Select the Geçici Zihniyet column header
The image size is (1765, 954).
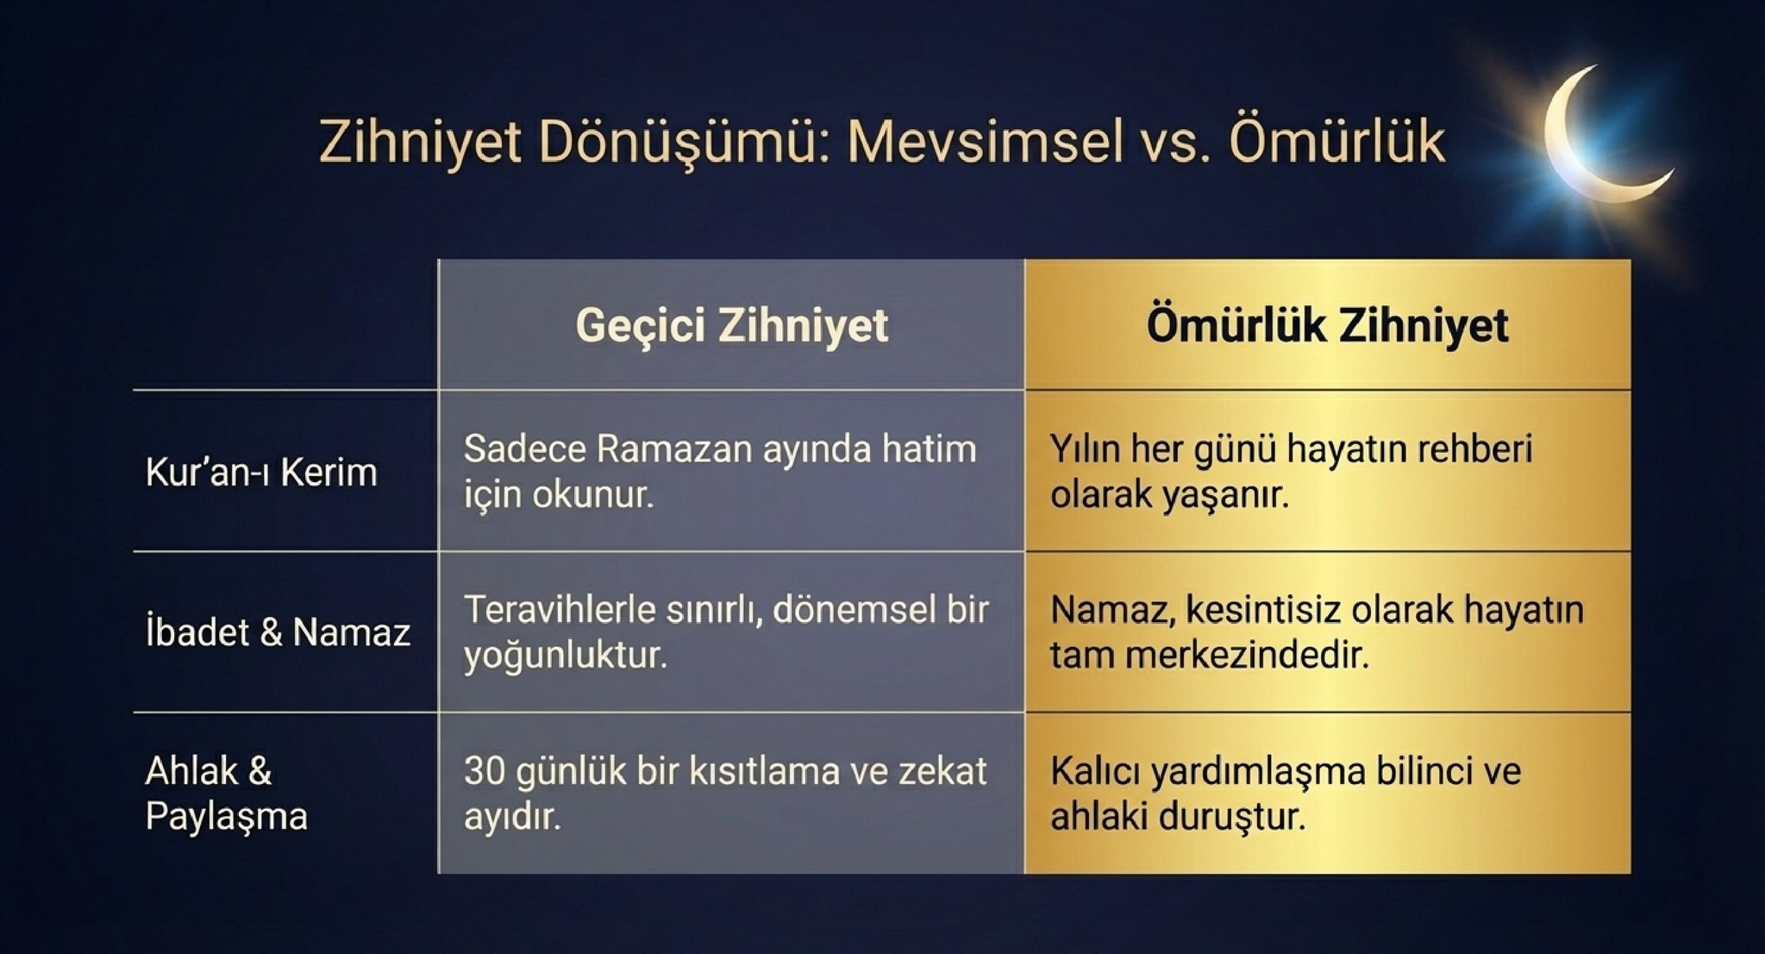(x=731, y=325)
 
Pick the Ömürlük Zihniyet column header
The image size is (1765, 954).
(x=1327, y=325)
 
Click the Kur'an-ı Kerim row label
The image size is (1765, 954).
(x=261, y=472)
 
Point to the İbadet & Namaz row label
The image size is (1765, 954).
(x=278, y=632)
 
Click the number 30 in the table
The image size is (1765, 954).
(x=484, y=771)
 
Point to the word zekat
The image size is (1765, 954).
(x=942, y=771)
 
